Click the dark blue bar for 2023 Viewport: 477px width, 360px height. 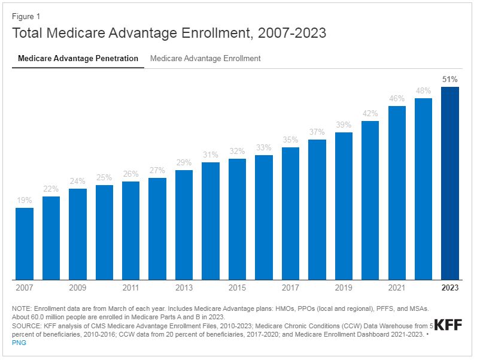pyautogui.click(x=449, y=183)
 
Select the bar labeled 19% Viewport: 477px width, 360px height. pyautogui.click(x=25, y=243)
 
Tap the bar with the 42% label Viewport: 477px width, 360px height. pyautogui.click(x=370, y=200)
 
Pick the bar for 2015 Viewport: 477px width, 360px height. pyautogui.click(x=237, y=219)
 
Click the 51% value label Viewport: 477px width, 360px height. pyautogui.click(x=449, y=79)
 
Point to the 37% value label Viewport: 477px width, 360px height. pyautogui.click(x=317, y=132)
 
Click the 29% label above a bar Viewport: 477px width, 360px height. pyautogui.click(x=184, y=162)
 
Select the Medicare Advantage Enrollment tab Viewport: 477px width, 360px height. pyautogui.click(x=205, y=59)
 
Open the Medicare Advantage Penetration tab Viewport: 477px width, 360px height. pyautogui.click(x=78, y=59)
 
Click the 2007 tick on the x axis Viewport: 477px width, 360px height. pyautogui.click(x=25, y=288)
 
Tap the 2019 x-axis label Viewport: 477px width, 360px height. pyautogui.click(x=344, y=288)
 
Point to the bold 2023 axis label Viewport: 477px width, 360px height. pyautogui.click(x=449, y=288)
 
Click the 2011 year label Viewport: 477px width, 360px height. pyautogui.click(x=130, y=288)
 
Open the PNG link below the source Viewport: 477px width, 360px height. pyautogui.click(x=19, y=343)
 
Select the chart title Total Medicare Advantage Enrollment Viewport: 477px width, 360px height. pyautogui.click(x=169, y=33)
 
